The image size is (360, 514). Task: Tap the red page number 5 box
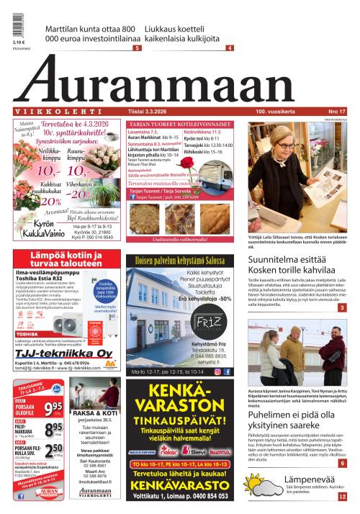pos(136,48)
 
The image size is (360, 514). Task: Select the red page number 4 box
pos(229,48)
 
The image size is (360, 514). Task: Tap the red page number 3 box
pos(342,307)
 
